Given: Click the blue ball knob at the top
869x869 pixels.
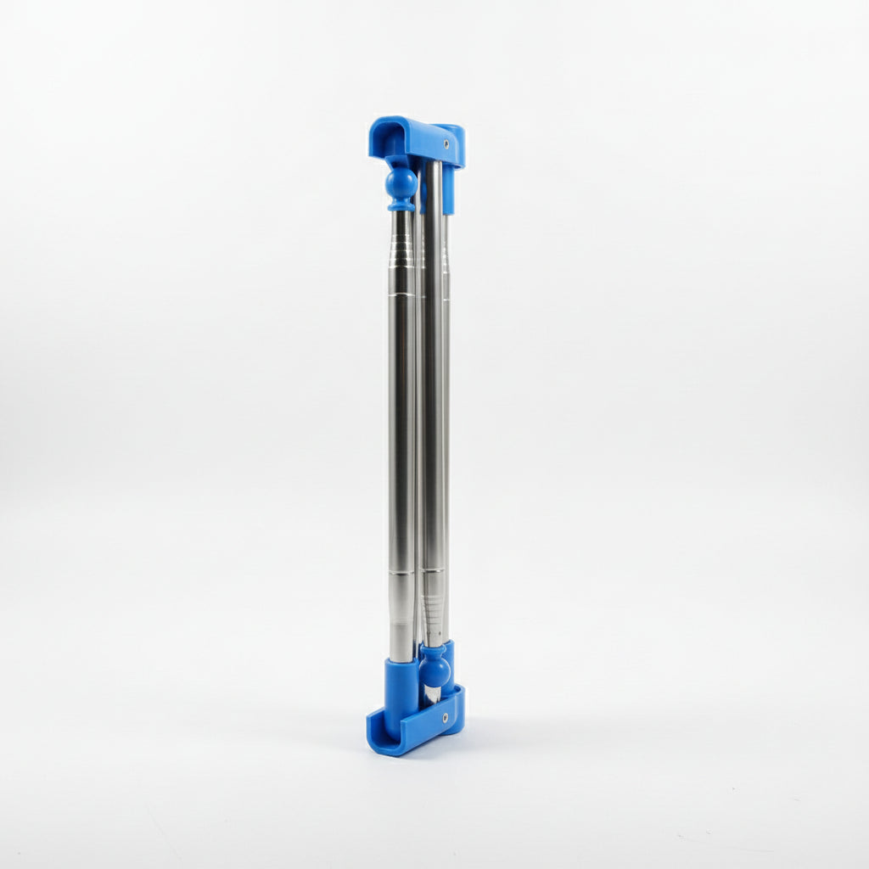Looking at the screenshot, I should tap(401, 182).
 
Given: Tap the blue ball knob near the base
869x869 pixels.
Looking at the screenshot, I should tap(434, 670).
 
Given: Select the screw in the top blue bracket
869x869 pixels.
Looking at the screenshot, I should tap(446, 144).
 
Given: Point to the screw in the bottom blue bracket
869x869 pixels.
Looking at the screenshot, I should tap(446, 718).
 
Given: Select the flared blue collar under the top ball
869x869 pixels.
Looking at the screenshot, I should tap(401, 205).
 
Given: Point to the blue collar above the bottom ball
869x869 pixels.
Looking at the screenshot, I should tap(433, 649).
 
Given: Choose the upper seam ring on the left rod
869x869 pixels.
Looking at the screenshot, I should tap(402, 293).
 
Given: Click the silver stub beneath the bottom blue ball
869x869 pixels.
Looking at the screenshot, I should tap(432, 694).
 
